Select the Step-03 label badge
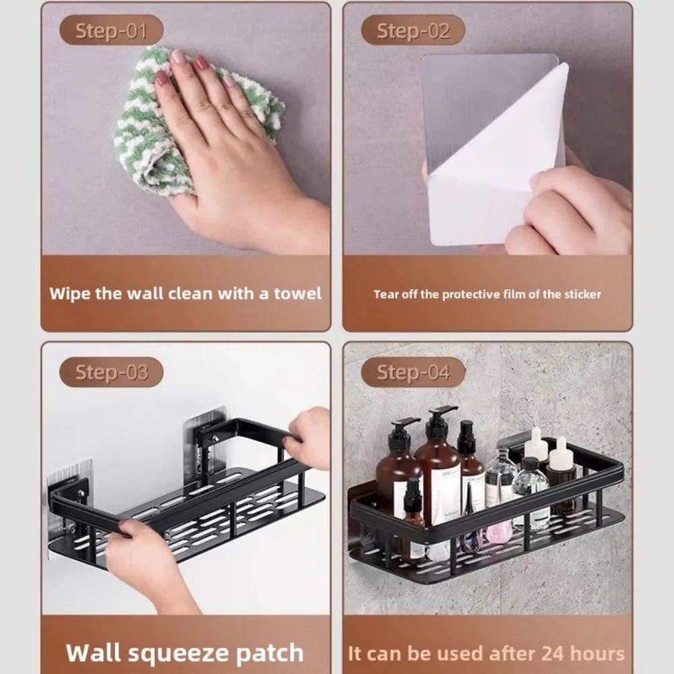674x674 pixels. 111,372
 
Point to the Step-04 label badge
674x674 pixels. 412,372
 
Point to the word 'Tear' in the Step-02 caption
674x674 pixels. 386,294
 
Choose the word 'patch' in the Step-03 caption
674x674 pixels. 269,652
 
